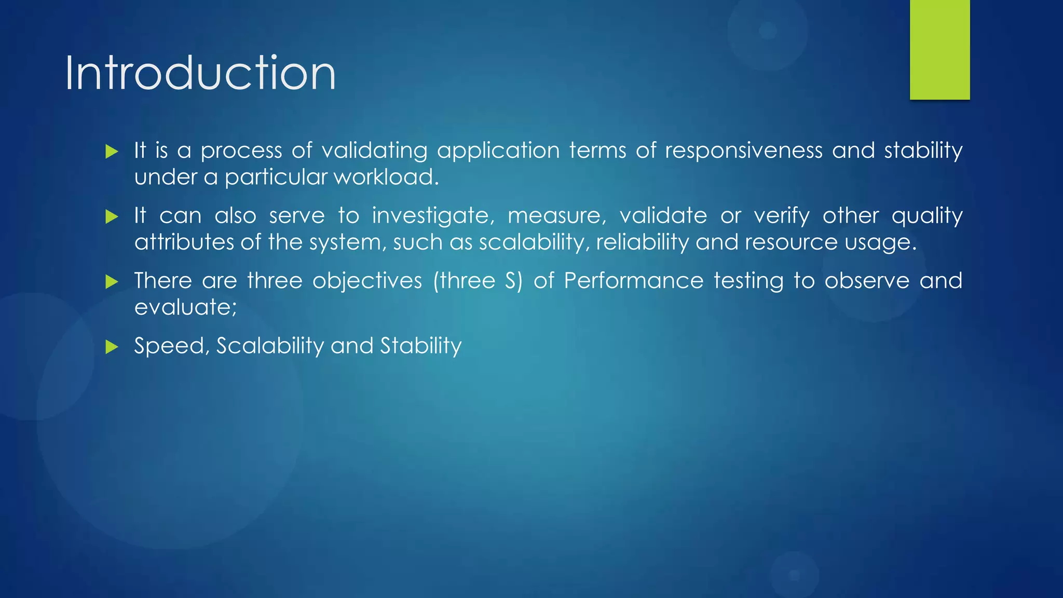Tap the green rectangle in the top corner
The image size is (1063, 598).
tap(939, 49)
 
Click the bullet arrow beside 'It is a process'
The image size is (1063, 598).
tap(112, 152)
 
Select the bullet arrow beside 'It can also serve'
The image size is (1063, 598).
tap(112, 216)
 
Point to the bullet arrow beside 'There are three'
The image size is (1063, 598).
tap(112, 282)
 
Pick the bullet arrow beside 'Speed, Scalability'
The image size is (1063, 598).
tap(112, 347)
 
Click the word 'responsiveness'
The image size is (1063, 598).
tap(743, 151)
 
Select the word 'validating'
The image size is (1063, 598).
tap(374, 151)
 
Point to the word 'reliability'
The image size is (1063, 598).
tap(642, 242)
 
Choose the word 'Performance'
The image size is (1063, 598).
tap(633, 281)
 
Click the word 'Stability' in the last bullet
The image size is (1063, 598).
tap(420, 346)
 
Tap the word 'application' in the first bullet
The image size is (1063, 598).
tap(498, 151)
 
